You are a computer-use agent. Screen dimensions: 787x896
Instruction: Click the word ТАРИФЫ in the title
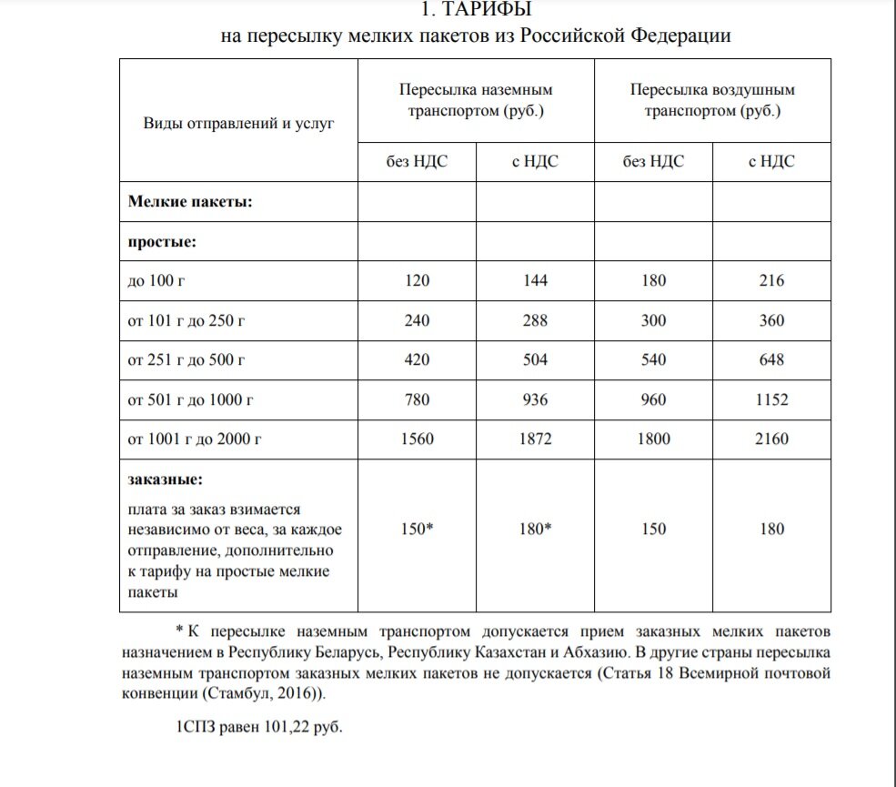pos(486,11)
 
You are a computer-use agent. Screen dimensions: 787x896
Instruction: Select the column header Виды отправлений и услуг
pos(238,122)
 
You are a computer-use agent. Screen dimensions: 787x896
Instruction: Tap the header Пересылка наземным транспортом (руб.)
pos(476,101)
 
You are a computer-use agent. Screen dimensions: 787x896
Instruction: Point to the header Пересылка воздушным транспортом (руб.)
pos(712,101)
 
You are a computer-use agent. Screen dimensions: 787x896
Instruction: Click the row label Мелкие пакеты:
pos(190,201)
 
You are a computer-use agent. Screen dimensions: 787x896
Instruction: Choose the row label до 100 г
pos(156,281)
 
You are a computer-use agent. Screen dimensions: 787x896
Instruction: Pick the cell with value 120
pos(417,281)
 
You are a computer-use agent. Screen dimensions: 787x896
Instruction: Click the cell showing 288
pos(535,321)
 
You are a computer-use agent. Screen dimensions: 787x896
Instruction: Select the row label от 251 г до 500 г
pos(187,360)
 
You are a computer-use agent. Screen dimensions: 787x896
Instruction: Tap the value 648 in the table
pos(771,360)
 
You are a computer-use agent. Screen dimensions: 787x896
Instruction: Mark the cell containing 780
pos(417,400)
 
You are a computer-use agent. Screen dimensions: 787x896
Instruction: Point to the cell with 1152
pos(771,400)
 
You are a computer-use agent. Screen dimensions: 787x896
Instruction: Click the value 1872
pos(535,440)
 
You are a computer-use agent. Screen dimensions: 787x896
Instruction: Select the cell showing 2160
pos(771,440)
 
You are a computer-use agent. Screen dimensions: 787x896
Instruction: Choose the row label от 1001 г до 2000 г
pos(195,440)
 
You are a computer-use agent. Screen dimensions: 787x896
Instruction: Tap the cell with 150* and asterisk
pos(417,529)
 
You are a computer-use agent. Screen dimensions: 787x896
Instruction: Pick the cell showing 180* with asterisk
pos(535,529)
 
